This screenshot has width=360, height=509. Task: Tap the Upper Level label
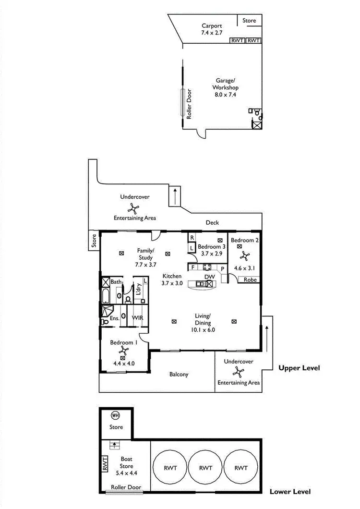tap(299, 368)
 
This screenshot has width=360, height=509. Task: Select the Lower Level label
tap(290, 492)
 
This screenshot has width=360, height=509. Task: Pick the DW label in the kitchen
tap(209, 277)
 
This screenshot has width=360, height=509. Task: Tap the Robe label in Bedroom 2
tap(249, 279)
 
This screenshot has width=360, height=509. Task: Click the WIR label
tap(138, 318)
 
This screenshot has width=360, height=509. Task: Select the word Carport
tap(211, 26)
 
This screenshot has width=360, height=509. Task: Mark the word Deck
tap(212, 222)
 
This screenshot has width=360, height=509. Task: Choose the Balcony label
tap(179, 375)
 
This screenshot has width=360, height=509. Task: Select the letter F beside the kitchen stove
tap(192, 267)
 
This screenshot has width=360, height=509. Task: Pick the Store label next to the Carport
tap(249, 21)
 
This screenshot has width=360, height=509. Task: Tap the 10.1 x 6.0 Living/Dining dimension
tap(203, 330)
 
